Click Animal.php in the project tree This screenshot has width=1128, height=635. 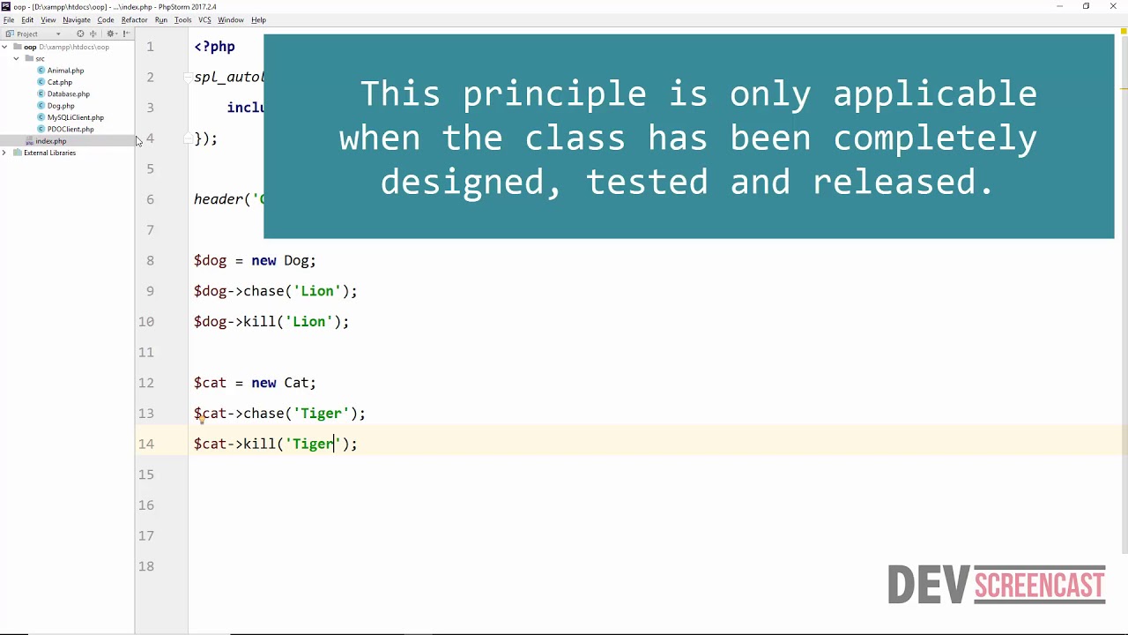[x=65, y=71]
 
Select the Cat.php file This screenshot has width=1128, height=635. [x=59, y=82]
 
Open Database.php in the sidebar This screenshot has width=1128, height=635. [x=68, y=93]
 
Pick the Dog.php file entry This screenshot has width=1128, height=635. [x=60, y=106]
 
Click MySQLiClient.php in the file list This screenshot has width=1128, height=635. [x=75, y=117]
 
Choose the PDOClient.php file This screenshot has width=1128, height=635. [x=70, y=129]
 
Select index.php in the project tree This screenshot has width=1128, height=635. [x=50, y=141]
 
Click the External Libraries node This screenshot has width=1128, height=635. [x=49, y=153]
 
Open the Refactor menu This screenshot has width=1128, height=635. [x=134, y=19]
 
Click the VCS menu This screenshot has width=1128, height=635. [x=204, y=19]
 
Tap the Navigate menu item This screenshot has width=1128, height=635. [x=77, y=19]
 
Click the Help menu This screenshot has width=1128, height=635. [x=258, y=19]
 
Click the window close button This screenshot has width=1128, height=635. [x=1113, y=6]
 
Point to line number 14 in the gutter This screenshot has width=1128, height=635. [x=145, y=444]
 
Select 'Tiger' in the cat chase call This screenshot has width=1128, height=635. [x=321, y=414]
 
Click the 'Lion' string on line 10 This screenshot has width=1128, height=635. [x=308, y=322]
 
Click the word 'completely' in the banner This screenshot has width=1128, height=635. [x=935, y=138]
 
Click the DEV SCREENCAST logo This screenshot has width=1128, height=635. [x=996, y=585]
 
